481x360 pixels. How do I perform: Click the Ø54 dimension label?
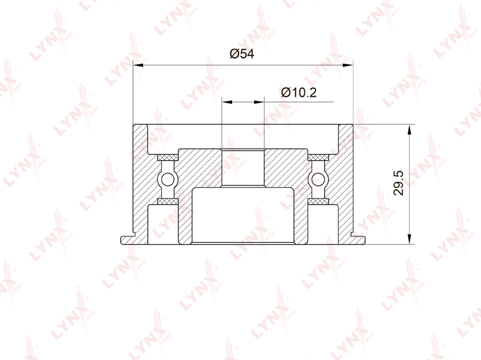click(x=242, y=54)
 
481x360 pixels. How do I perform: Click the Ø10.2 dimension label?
click(x=299, y=92)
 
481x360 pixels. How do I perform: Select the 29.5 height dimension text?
click(x=399, y=183)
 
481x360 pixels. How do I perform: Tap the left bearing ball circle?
click(x=168, y=179)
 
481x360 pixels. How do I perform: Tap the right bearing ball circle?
click(x=318, y=179)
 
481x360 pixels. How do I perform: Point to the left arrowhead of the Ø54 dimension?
click(x=138, y=65)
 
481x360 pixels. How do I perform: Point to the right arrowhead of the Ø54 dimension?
click(x=348, y=65)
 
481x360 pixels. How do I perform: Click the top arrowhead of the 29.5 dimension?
click(x=409, y=130)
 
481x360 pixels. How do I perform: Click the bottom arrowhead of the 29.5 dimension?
click(x=409, y=239)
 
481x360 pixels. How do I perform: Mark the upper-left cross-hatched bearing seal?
click(x=168, y=157)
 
